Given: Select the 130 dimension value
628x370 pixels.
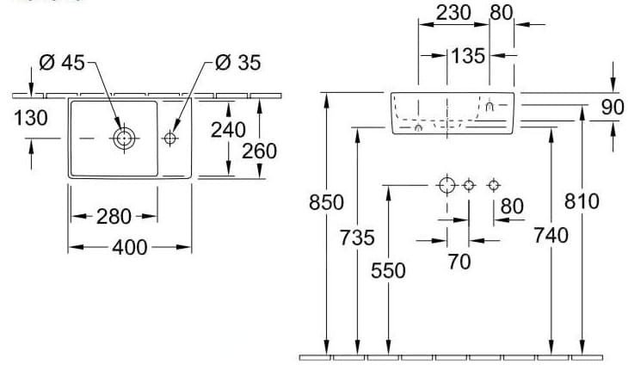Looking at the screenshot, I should pyautogui.click(x=30, y=118).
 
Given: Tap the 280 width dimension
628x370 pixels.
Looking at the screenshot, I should pyautogui.click(x=114, y=217).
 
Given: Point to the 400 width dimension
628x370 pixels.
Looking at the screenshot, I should pyautogui.click(x=129, y=248).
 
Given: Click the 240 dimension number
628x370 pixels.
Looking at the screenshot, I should pyautogui.click(x=228, y=130).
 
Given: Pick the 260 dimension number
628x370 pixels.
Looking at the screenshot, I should pyautogui.click(x=259, y=151).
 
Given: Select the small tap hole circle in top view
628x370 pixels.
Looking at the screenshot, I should pyautogui.click(x=169, y=138).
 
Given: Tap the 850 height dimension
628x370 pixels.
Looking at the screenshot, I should pyautogui.click(x=326, y=203).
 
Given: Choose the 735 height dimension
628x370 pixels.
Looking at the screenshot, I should pyautogui.click(x=356, y=237).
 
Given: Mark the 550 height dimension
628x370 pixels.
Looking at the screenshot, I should pyautogui.click(x=388, y=270).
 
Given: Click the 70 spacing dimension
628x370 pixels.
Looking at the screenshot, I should pyautogui.click(x=459, y=262).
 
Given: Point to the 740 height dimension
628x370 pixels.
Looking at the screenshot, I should pyautogui.click(x=551, y=236).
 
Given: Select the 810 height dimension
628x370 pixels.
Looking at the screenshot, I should pyautogui.click(x=582, y=201).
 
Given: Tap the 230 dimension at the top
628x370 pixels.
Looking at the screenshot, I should pyautogui.click(x=453, y=13).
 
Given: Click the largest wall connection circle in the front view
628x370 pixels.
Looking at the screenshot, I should pyautogui.click(x=446, y=185).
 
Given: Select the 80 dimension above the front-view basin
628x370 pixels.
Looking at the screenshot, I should pyautogui.click(x=501, y=13).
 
